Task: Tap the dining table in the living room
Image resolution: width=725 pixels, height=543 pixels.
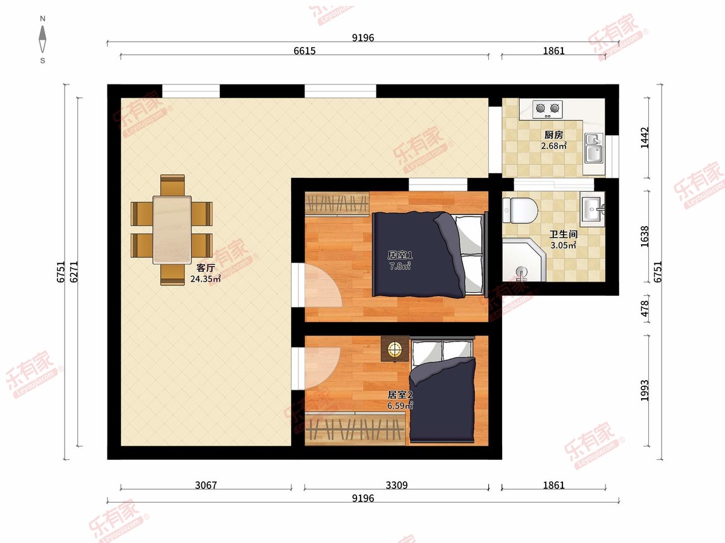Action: pyautogui.click(x=172, y=230)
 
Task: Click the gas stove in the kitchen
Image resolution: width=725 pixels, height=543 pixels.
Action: pyautogui.click(x=547, y=109)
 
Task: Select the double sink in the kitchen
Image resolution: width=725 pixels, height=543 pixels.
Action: pyautogui.click(x=594, y=148)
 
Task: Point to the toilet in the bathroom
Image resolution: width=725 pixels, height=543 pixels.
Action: pyautogui.click(x=520, y=210)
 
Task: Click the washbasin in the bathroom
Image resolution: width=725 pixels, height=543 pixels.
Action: pyautogui.click(x=593, y=209)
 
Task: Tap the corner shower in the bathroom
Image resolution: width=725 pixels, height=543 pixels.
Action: pyautogui.click(x=524, y=260)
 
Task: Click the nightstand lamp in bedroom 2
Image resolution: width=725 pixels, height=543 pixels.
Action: pyautogui.click(x=395, y=349)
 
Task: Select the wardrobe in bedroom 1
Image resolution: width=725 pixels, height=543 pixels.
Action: pyautogui.click(x=337, y=204)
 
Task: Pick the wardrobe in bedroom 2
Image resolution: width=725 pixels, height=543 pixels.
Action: pyautogui.click(x=355, y=428)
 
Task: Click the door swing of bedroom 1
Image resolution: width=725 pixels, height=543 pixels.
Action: pyautogui.click(x=323, y=285)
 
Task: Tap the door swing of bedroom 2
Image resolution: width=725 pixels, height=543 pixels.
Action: pyautogui.click(x=322, y=368)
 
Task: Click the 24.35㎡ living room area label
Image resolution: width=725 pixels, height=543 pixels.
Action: pyautogui.click(x=205, y=279)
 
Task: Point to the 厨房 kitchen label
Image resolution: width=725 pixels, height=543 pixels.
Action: pyautogui.click(x=553, y=135)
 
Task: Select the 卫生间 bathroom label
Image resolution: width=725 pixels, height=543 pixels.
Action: pyautogui.click(x=564, y=235)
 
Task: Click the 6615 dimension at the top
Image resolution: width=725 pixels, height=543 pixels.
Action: pyautogui.click(x=304, y=51)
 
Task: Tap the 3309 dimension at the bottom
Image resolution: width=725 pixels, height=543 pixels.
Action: pyautogui.click(x=397, y=485)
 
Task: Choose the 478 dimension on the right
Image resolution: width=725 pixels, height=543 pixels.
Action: pyautogui.click(x=645, y=308)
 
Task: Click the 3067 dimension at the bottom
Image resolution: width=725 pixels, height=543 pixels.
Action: pyautogui.click(x=206, y=485)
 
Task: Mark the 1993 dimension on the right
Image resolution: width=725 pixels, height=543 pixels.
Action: pyautogui.click(x=645, y=391)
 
